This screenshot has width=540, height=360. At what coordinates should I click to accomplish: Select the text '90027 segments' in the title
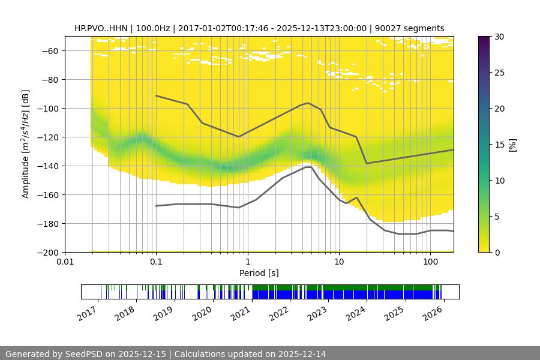[412, 28]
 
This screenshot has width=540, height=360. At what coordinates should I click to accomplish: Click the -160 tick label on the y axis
[49, 194]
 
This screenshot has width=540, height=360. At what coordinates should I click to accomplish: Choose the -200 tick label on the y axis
[49, 252]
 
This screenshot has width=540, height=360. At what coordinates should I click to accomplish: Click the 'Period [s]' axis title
[259, 274]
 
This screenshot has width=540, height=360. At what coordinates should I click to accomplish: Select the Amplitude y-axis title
[26, 144]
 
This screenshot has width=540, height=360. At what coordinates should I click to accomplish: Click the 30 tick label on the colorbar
[499, 37]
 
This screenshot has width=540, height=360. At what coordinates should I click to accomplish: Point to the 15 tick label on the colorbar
[499, 145]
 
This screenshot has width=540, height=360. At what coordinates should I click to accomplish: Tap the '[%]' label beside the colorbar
[512, 145]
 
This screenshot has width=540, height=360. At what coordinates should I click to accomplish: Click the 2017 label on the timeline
[87, 313]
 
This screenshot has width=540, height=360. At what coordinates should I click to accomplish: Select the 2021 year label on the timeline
[240, 313]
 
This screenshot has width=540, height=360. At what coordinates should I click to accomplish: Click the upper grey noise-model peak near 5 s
[308, 103]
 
